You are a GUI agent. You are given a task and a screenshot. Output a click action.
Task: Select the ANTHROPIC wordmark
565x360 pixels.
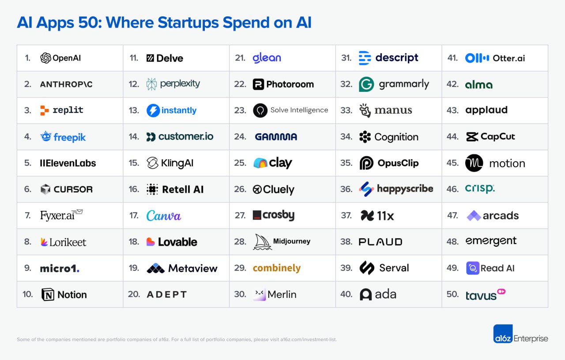tap(66, 84)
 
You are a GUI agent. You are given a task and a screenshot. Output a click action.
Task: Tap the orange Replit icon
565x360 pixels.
tap(44, 110)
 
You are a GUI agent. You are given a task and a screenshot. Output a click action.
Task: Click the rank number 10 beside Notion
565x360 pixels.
tap(28, 294)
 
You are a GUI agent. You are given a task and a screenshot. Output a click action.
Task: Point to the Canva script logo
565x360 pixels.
tap(164, 216)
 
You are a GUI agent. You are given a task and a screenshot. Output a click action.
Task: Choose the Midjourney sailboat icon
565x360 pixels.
tap(262, 242)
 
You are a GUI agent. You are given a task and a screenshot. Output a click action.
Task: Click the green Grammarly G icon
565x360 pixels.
tap(366, 84)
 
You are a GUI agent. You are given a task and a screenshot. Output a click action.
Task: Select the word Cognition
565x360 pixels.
tap(396, 137)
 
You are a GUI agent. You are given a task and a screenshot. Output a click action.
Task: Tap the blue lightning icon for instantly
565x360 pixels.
tap(153, 110)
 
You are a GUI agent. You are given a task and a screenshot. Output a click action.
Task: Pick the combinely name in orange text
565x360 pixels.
tap(277, 268)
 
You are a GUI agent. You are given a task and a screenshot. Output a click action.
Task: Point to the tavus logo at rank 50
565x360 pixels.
tap(485, 294)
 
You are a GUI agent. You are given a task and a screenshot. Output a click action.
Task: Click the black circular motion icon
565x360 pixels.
tap(474, 163)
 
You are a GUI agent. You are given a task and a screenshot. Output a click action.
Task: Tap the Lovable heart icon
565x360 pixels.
tap(151, 242)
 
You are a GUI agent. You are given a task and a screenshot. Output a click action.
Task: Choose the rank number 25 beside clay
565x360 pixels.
tap(240, 163)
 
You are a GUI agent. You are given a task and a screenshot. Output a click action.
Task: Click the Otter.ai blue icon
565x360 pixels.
tap(477, 58)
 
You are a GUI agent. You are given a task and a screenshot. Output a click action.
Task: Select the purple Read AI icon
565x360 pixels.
tap(473, 268)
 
